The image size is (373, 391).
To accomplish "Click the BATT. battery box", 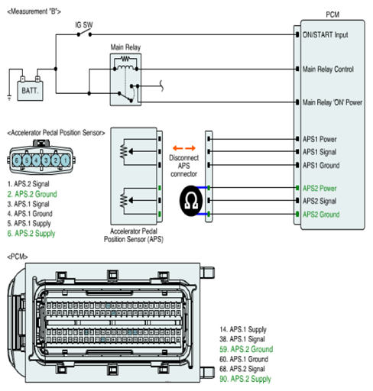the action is pyautogui.click(x=30, y=91).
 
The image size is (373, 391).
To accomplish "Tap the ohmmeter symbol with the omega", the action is pyautogui.click(x=191, y=201).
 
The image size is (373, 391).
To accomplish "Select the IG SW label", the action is pyautogui.click(x=84, y=25).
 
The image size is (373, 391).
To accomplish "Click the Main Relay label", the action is pyautogui.click(x=125, y=47).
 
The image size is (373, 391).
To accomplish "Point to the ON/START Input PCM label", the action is pyautogui.click(x=325, y=35).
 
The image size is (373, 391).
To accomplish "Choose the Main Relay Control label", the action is pyautogui.click(x=328, y=69).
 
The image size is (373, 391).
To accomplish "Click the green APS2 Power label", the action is pyautogui.click(x=319, y=189).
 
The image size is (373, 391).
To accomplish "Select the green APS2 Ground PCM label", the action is pyautogui.click(x=321, y=215).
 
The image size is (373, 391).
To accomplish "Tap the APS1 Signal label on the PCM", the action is pyautogui.click(x=319, y=152).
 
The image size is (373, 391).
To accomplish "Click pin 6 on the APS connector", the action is pyautogui.click(x=17, y=160).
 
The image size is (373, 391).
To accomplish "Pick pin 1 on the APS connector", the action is pyautogui.click(x=65, y=160).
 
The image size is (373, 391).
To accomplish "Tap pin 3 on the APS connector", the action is pyautogui.click(x=46, y=160).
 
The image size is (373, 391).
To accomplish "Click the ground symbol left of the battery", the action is pyautogui.click(x=9, y=98).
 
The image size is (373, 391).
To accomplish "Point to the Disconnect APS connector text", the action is pyautogui.click(x=183, y=166).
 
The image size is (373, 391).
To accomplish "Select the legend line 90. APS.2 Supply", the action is pyautogui.click(x=245, y=379).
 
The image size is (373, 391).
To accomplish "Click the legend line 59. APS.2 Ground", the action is pyautogui.click(x=246, y=349).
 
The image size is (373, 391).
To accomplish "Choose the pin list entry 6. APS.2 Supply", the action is pyautogui.click(x=31, y=233).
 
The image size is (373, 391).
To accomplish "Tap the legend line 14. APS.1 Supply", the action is pyautogui.click(x=243, y=329).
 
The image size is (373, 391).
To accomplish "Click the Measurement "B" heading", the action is pyautogui.click(x=34, y=11).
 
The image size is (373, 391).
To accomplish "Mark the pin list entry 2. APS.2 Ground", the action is pyautogui.click(x=32, y=194).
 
